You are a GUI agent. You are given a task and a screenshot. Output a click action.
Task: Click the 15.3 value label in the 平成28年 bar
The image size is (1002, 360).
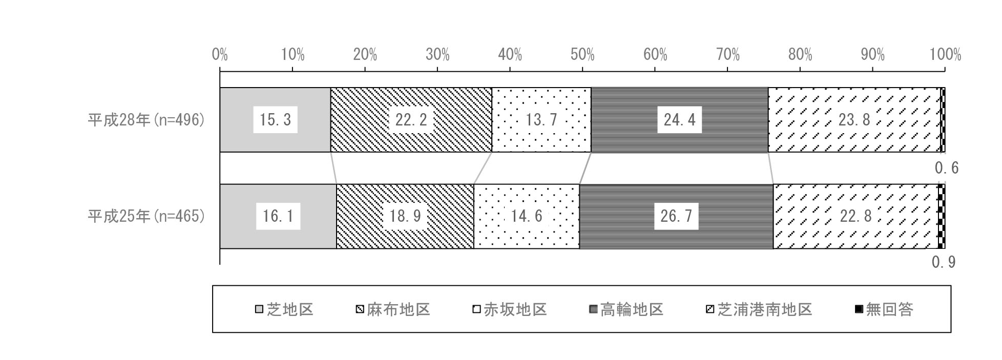click(x=276, y=120)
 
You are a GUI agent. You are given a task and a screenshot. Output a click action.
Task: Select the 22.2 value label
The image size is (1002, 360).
click(x=411, y=120)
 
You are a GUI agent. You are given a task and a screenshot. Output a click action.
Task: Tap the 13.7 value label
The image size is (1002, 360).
click(x=541, y=120)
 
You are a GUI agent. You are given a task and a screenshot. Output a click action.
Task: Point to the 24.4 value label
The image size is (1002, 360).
click(x=679, y=120)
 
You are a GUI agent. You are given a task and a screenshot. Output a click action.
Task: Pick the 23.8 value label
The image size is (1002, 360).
click(x=854, y=120)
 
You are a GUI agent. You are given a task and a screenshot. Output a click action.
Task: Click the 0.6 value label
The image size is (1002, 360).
click(x=946, y=168)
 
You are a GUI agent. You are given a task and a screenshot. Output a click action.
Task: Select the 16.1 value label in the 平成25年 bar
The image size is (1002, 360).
click(x=278, y=216)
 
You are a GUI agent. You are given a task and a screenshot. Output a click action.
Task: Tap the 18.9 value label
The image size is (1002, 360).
click(x=405, y=216)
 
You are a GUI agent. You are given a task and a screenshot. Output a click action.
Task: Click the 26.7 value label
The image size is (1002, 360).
click(x=676, y=216)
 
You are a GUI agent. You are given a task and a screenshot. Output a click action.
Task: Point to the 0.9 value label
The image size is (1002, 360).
click(x=944, y=262)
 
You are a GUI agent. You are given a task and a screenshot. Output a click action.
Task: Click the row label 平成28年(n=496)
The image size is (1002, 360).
click(x=146, y=120)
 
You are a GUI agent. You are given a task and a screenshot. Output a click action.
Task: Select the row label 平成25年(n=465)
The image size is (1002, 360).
click(x=146, y=216)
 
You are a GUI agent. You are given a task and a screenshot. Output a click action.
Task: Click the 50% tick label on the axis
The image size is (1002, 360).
click(x=582, y=54)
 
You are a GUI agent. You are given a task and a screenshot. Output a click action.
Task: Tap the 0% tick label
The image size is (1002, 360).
click(x=220, y=54)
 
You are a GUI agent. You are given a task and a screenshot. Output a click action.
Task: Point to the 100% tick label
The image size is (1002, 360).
click(x=945, y=54)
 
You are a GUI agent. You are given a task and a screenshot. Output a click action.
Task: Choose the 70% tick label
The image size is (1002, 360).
click(x=728, y=54)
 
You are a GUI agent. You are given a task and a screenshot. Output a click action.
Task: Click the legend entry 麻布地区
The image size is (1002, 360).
click(x=393, y=309)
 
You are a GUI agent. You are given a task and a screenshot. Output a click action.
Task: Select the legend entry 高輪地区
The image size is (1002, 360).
click(x=626, y=309)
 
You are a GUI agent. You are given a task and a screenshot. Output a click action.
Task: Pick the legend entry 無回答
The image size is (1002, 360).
click(x=884, y=309)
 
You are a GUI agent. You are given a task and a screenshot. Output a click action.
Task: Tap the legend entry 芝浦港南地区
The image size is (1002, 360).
click(x=759, y=309)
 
